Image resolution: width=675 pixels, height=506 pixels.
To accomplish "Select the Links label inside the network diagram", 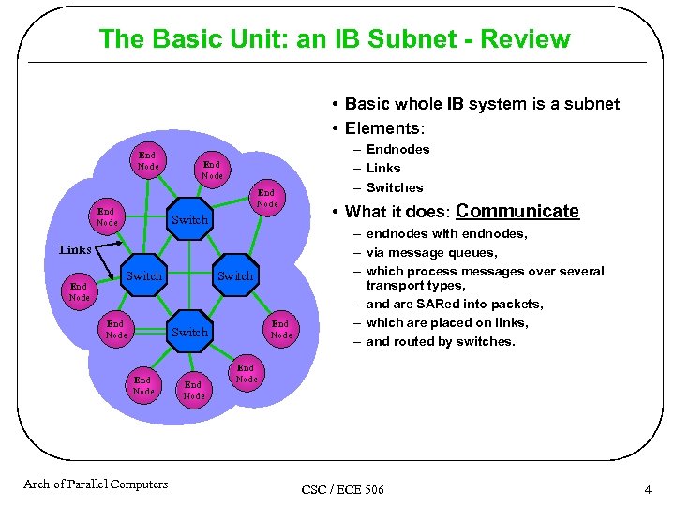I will (75, 250).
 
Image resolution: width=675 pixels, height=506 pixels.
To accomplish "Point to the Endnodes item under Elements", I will (397, 149).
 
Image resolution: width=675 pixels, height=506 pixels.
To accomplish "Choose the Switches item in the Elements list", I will (395, 187).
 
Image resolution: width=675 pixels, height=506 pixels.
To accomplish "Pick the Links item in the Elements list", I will (383, 168).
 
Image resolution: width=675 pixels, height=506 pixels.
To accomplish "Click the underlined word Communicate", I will (517, 212).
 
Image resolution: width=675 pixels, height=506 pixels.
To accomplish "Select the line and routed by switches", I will (441, 341).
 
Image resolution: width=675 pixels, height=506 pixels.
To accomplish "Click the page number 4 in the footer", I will (647, 490).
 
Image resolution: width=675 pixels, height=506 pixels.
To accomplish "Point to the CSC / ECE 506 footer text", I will (342, 490).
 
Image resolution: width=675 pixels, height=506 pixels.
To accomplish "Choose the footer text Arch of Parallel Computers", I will (96, 484).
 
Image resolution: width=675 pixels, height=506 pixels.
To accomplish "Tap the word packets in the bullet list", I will (521, 304).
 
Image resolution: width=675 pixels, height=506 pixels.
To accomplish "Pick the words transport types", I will (415, 285).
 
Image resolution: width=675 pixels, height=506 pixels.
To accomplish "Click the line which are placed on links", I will (447, 322).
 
